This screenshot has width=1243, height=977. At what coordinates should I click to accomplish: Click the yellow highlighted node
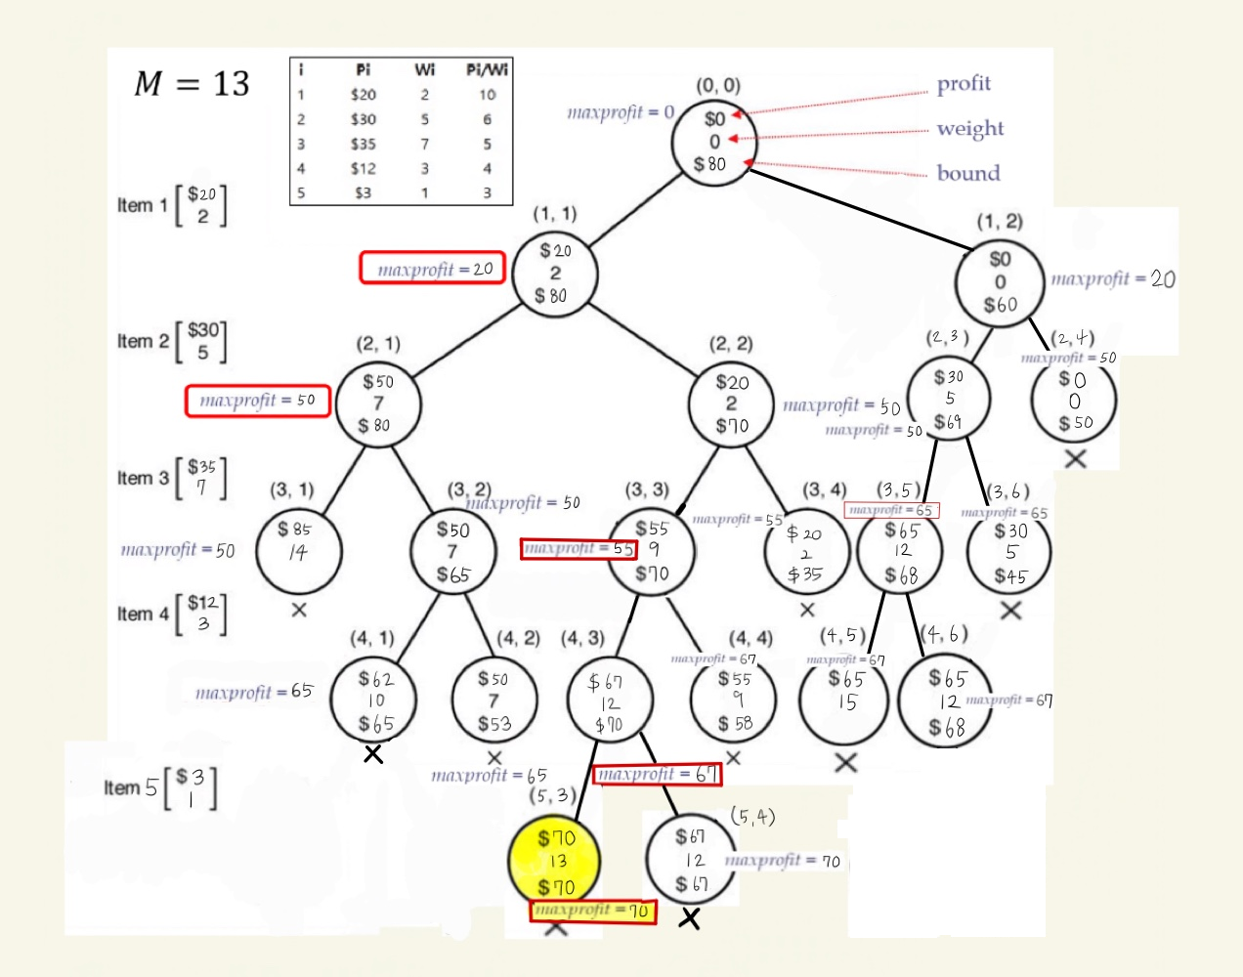[555, 862]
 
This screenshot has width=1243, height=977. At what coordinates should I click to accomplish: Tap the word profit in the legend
[964, 84]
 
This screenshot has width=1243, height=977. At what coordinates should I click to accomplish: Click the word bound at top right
[968, 174]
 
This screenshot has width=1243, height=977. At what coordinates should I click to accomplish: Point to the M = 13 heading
[192, 84]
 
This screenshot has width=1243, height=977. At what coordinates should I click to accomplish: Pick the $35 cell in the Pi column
[364, 144]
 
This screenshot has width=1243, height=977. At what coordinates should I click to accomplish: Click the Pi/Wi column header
[487, 69]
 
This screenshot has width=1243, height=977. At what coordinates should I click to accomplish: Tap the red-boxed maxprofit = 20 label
[433, 269]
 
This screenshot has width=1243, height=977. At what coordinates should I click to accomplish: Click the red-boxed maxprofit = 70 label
[593, 911]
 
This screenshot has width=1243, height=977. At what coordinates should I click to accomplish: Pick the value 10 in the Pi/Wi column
[487, 95]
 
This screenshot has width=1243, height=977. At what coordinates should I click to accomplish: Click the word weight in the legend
[970, 129]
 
